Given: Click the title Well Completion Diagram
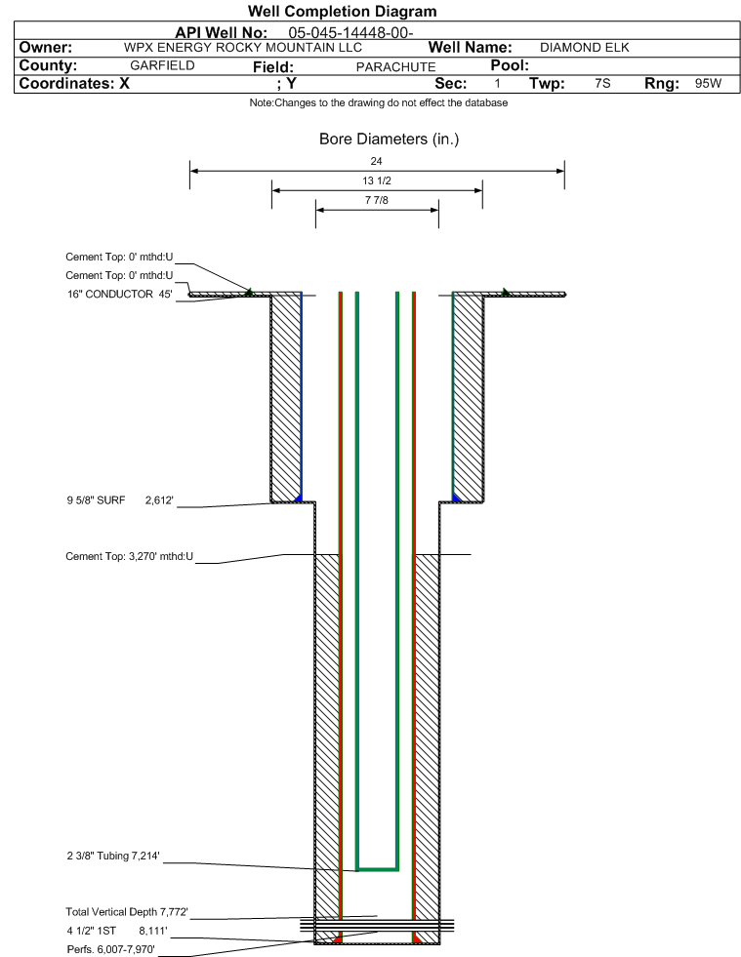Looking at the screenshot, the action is [342, 11].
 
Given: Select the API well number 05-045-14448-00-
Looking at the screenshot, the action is [350, 32].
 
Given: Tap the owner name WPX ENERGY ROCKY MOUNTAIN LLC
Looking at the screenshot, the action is [242, 48].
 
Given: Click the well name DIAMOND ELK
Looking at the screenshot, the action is [584, 48].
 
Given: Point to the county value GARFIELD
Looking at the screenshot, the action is [162, 65].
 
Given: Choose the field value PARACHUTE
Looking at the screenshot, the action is [395, 66].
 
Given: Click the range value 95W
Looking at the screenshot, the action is [708, 84].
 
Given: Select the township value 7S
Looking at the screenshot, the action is [602, 83].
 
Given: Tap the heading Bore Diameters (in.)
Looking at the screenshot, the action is [390, 140].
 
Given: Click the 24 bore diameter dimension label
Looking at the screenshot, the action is [376, 161].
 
